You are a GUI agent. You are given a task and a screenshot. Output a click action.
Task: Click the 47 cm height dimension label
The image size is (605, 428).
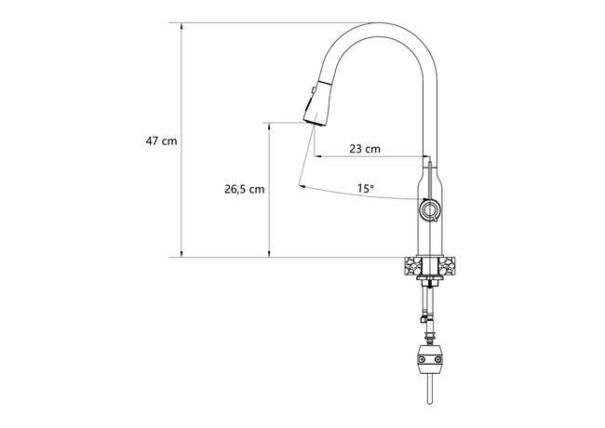pos(161,141)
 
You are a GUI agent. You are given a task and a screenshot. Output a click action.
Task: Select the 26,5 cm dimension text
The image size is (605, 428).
pos(245,189)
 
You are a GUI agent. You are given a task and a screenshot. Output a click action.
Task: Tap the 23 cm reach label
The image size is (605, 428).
pos(365,149)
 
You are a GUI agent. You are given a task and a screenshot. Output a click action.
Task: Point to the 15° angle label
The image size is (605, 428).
pos(366,189)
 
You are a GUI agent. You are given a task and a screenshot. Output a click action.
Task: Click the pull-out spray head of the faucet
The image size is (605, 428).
pos(318,102)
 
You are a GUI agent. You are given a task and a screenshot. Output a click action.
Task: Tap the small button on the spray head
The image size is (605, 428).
pos(314,90)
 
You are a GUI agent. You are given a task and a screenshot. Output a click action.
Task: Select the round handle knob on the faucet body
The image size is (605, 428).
pos(429,209)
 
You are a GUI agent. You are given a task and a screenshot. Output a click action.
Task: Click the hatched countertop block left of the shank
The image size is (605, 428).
pos(413,267)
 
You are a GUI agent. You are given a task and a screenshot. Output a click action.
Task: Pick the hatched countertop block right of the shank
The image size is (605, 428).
pos(447,267)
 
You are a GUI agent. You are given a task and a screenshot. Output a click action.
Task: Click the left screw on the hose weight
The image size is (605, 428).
pos(422,359)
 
